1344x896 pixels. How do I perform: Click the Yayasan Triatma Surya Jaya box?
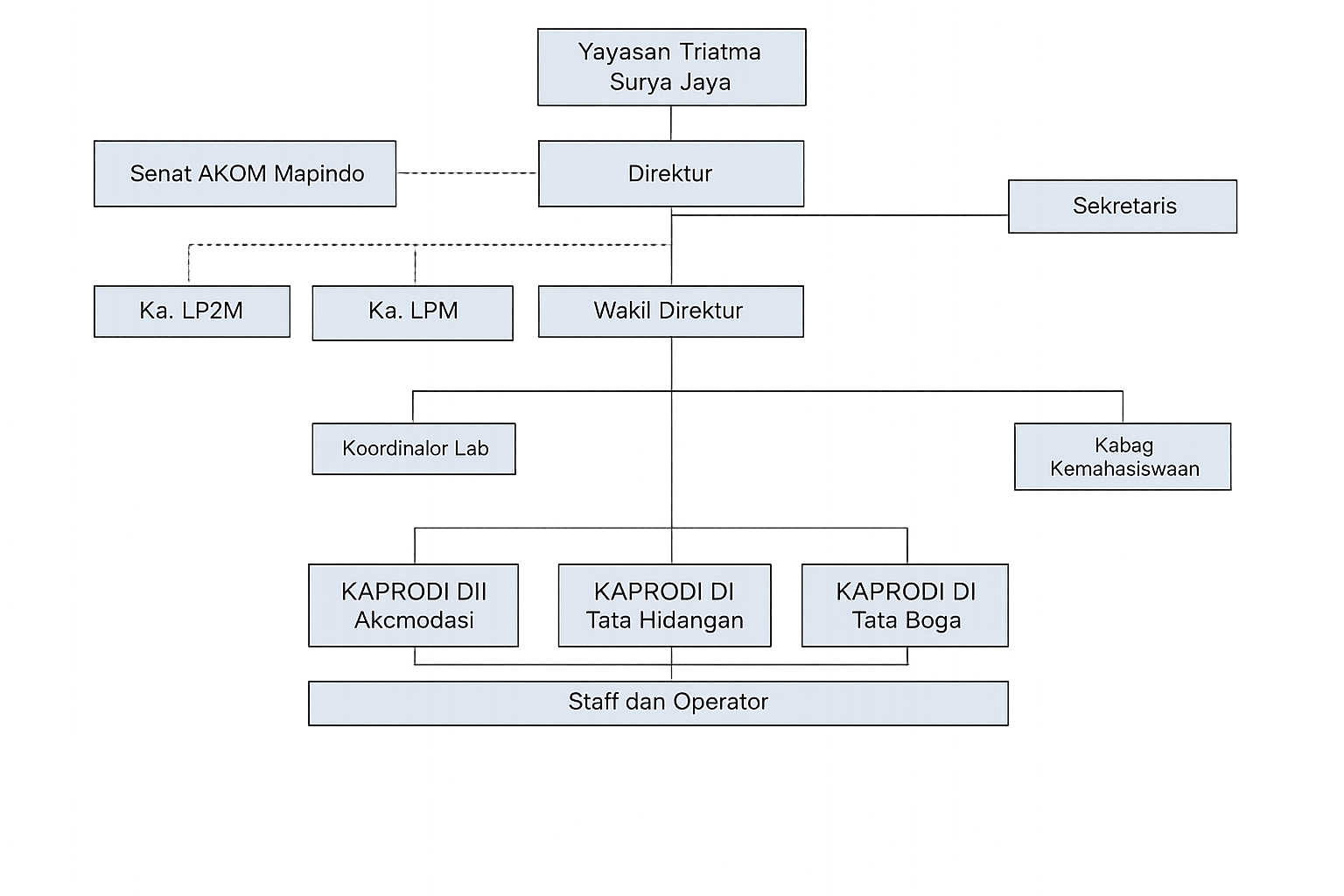(x=671, y=67)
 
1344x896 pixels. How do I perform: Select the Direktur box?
(x=671, y=174)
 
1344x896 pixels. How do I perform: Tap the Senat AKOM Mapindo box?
(x=245, y=174)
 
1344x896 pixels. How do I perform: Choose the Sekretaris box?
(x=1123, y=206)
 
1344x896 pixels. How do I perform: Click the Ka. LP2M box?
(x=192, y=311)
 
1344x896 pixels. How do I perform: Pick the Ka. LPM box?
(x=413, y=313)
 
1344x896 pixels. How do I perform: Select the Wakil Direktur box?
(x=671, y=311)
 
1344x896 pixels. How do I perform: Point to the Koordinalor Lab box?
(x=414, y=449)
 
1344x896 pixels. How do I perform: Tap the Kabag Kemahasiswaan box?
(x=1123, y=457)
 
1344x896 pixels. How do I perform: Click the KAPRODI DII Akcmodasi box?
(x=413, y=605)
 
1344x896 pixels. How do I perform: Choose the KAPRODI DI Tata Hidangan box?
(x=665, y=605)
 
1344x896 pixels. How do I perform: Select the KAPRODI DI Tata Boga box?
(x=905, y=605)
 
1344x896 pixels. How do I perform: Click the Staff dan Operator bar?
(x=658, y=703)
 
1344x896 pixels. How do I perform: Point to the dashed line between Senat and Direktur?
(x=467, y=173)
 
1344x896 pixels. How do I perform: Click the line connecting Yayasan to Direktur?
(x=671, y=123)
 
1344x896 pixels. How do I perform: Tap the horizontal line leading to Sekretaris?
(x=840, y=215)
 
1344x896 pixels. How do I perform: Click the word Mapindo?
(x=319, y=174)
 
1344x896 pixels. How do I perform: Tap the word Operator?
(x=721, y=702)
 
